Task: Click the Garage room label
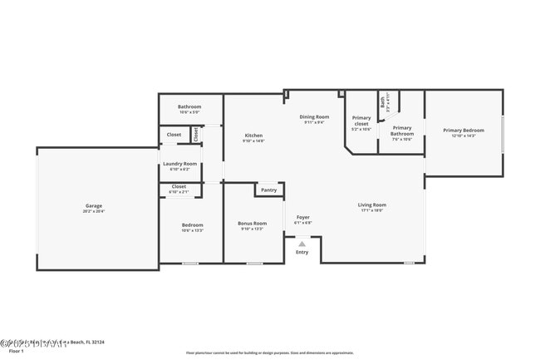coord(93,205)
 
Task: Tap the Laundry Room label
coord(179,164)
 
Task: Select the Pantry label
coord(268,190)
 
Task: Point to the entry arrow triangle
coord(302,244)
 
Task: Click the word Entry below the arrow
coord(302,252)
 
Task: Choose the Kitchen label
coord(253,136)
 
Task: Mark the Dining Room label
coord(314,117)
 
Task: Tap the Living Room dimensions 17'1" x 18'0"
coord(371,210)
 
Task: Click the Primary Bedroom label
coord(463,131)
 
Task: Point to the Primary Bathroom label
coord(402,131)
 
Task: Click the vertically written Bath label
coord(383,101)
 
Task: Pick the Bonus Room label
coord(252,224)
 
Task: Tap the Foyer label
coord(303,218)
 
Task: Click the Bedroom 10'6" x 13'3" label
coord(192,225)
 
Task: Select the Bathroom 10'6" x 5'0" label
coord(189,107)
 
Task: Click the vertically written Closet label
coord(196,133)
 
